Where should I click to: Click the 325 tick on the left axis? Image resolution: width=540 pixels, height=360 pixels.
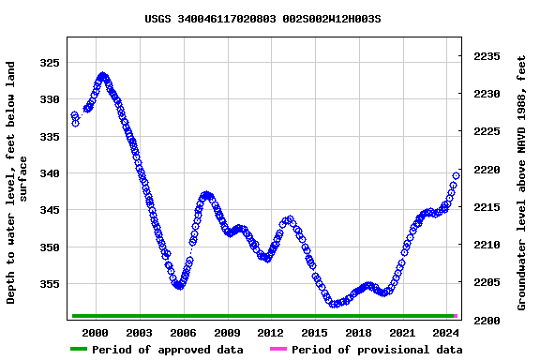[x=49, y=63]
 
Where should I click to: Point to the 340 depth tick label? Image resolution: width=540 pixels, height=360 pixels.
[x=49, y=173]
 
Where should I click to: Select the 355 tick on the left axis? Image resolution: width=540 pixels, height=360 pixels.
[x=49, y=284]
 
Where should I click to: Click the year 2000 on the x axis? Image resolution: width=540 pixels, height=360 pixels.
[x=96, y=333]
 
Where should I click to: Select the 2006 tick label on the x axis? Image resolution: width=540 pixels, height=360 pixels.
[x=183, y=333]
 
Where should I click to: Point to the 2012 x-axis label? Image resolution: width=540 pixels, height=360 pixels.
[x=270, y=333]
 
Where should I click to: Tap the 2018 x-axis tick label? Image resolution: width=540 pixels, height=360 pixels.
[x=358, y=333]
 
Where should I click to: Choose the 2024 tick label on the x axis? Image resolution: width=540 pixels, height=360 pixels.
[x=445, y=333]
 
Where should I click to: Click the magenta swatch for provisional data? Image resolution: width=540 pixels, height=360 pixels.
[x=278, y=350]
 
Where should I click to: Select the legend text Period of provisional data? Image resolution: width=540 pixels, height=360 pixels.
[x=376, y=350]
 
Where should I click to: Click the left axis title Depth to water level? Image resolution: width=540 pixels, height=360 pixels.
[x=18, y=183]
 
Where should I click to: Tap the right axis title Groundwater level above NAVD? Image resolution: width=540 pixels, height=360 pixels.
[x=522, y=183]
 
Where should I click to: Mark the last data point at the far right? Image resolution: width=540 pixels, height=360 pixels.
[x=457, y=175]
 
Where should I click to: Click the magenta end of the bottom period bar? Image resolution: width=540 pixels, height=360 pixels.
[x=457, y=316]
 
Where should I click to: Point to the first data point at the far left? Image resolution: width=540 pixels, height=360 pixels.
[x=74, y=115]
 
